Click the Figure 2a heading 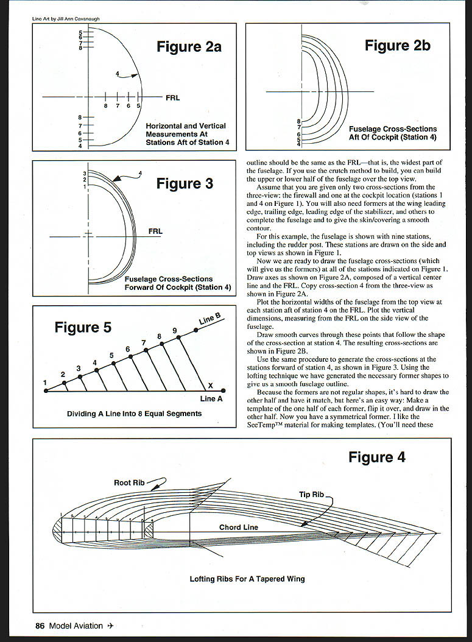(x=189, y=46)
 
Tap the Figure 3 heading (x=185, y=183)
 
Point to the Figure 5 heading (x=83, y=328)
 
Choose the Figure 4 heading (x=376, y=457)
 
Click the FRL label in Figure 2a (x=172, y=97)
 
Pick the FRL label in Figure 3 (x=155, y=231)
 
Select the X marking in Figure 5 (x=210, y=386)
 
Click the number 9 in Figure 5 (x=175, y=331)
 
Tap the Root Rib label (x=129, y=483)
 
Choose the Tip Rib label (x=311, y=495)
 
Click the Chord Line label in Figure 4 (x=239, y=527)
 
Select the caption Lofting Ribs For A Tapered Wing (x=247, y=579)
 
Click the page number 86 (x=40, y=626)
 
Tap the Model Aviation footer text (x=76, y=626)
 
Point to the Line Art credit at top (x=66, y=19)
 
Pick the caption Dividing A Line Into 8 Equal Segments (x=134, y=414)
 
